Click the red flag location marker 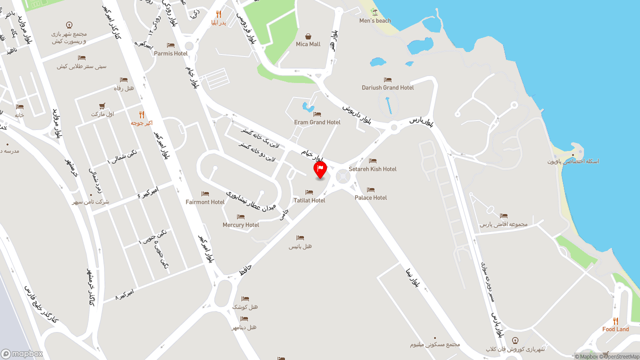coord(320,169)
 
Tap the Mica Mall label coord(308,44)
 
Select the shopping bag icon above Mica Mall coord(308,36)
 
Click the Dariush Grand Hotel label coord(387,87)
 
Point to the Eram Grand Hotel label coord(317,122)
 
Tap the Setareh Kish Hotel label coord(372,169)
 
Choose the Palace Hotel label coord(370,197)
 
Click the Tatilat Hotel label coord(309,200)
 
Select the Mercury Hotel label coord(240,224)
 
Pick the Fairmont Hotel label coord(205,202)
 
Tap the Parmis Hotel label coord(170,53)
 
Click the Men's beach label coord(375,20)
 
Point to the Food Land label coord(615,329)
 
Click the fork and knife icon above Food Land coord(615,321)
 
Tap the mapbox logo coord(22,353)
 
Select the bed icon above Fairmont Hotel coord(205,193)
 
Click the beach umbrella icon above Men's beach coord(375,12)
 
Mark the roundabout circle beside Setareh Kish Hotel coord(342,176)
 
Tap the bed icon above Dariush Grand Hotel coord(387,79)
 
